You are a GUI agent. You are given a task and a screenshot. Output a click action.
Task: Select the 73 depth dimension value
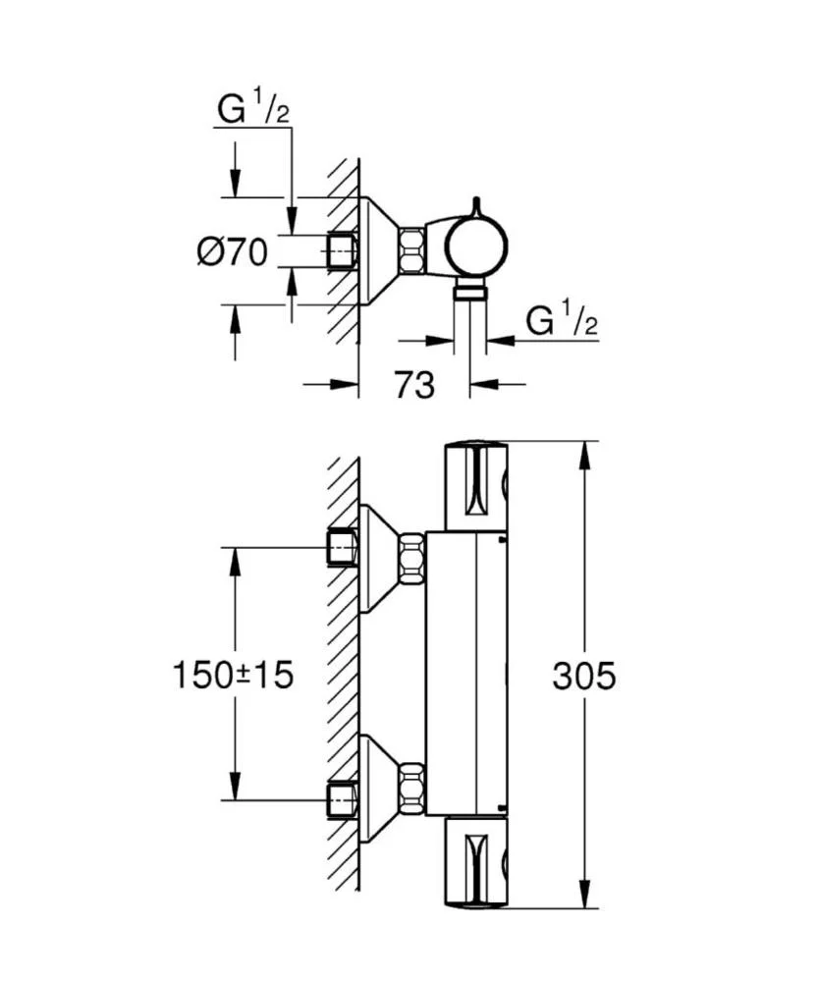tap(413, 385)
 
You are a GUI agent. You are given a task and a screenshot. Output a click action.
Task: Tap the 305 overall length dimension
tap(583, 676)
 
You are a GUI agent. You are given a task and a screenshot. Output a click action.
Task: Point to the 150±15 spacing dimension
tap(233, 676)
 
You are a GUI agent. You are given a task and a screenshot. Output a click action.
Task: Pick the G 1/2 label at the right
tap(562, 320)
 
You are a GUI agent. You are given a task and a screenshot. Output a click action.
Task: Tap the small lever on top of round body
tap(476, 205)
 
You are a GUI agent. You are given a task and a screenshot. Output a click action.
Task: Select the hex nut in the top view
tap(411, 250)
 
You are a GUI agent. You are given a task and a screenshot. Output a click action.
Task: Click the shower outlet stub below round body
tap(471, 290)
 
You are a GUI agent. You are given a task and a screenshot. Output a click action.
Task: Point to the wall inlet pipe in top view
tap(341, 250)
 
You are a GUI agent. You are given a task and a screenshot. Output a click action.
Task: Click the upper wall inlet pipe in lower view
tap(341, 547)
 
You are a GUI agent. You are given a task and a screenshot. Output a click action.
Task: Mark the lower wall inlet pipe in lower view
tap(341, 798)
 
